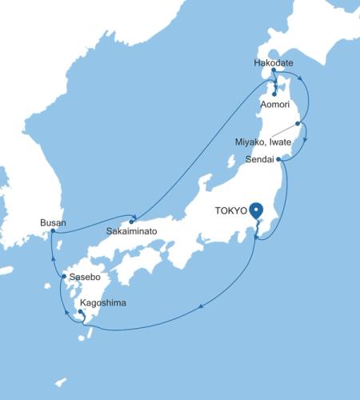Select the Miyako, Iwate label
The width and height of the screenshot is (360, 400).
coord(263,142)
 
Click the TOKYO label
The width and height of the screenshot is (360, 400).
coord(230,211)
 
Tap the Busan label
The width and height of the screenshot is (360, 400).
coord(53,222)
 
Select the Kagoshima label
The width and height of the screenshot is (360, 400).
coord(102,303)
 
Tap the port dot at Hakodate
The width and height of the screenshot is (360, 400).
coord(274,70)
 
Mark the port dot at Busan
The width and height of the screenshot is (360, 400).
coord(53,231)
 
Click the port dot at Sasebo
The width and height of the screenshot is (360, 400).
coord(64,277)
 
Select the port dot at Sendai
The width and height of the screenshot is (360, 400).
coord(278,159)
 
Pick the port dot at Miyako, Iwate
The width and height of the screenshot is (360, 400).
coord(298,123)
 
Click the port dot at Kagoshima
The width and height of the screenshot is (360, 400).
coord(80,311)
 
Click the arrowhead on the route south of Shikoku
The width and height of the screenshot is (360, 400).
coord(200,305)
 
